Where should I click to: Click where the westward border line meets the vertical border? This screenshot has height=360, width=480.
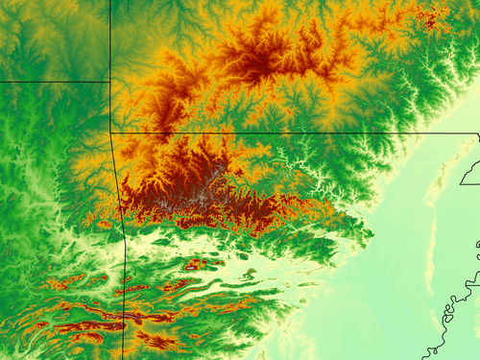[109, 82]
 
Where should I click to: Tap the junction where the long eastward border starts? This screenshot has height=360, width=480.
[110, 132]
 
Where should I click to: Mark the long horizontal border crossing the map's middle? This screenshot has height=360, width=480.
[288, 133]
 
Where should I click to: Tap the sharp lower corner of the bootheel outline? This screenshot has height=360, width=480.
[460, 182]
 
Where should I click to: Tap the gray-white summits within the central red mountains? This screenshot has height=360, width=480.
[206, 192]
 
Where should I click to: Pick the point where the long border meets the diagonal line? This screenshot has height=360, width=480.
[478, 135]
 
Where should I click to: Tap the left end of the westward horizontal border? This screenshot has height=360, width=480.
[2, 82]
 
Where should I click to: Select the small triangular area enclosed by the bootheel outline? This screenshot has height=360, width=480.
[470, 173]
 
